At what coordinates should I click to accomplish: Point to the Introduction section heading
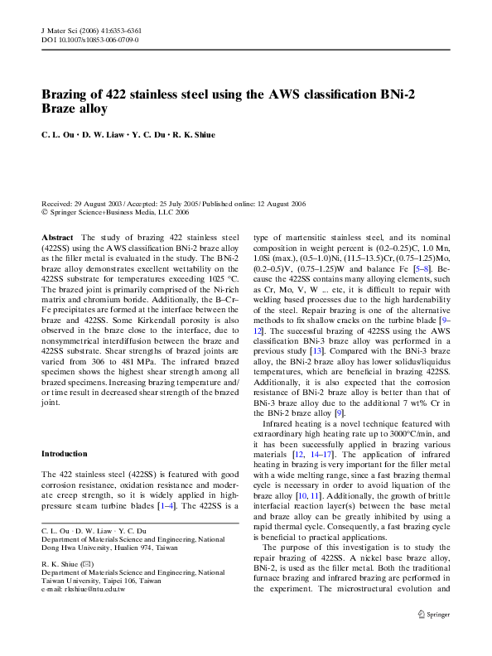pyautogui.click(x=65, y=454)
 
